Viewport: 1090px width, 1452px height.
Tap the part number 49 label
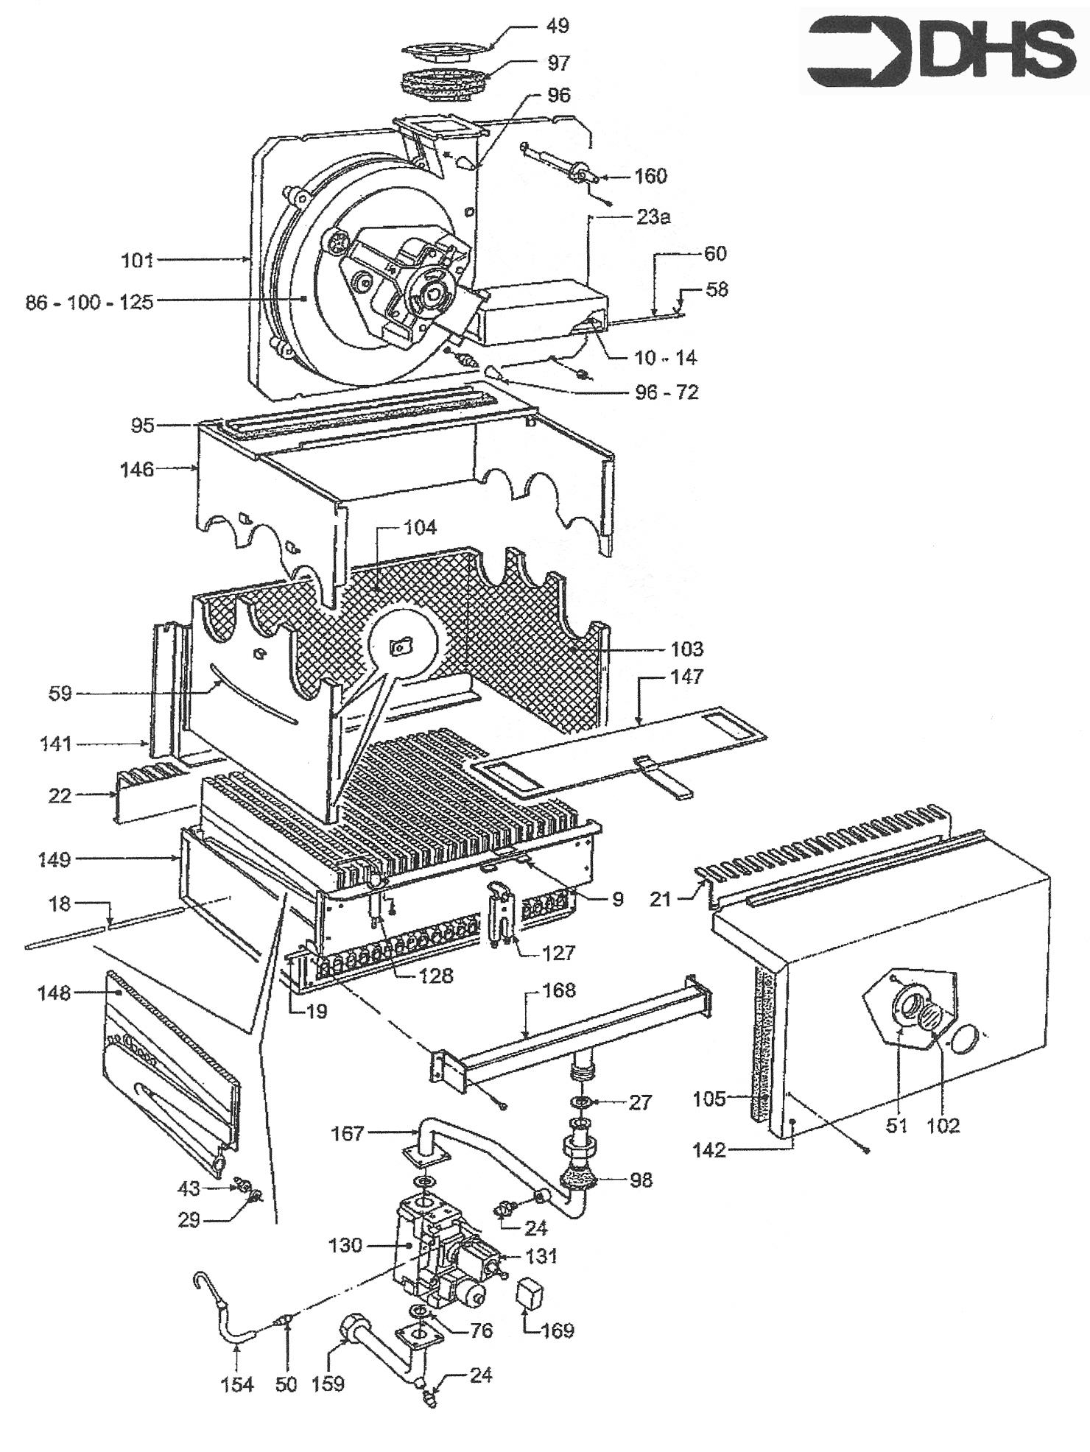point(558,27)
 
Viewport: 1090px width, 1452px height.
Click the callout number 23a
point(654,217)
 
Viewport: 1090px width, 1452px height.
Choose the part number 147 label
point(686,676)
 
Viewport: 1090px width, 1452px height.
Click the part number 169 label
point(558,1331)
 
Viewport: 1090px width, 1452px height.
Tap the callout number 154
point(236,1384)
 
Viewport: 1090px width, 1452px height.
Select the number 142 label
point(709,1149)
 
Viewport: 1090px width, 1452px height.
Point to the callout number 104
point(420,527)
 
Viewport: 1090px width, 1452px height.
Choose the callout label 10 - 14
point(665,358)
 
